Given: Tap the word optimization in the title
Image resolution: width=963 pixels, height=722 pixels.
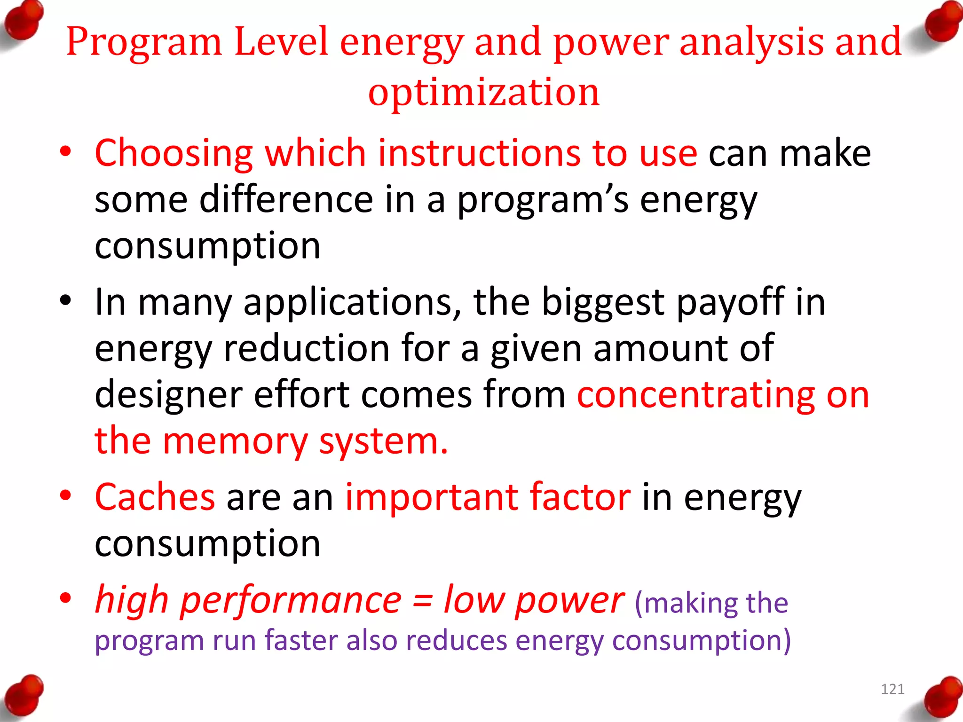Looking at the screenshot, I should coord(484,92).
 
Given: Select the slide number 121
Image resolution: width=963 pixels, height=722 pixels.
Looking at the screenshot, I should coord(892,689).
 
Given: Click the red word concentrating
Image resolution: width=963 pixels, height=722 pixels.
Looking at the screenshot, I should coord(696,395).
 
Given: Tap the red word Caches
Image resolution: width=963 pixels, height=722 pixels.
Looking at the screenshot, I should coord(155,497).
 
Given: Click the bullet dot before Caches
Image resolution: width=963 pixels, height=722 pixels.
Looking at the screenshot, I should coord(65,495).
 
